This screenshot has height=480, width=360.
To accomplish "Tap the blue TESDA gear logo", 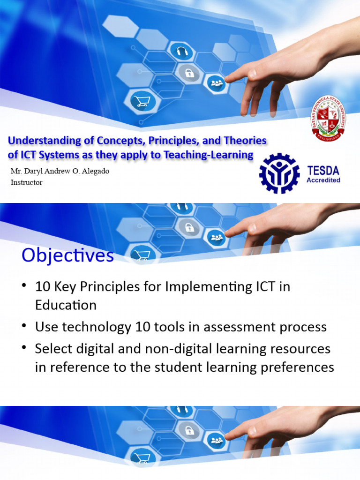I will [279, 173].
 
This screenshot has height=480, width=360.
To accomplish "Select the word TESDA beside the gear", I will [323, 170].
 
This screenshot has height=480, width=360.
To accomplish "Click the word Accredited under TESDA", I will [323, 180].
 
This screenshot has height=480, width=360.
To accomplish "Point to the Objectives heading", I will [67, 256].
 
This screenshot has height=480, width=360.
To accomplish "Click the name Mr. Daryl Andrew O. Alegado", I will [60, 171].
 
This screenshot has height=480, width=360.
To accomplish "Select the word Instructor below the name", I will [26, 182].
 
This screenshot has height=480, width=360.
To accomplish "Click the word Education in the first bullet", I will [66, 305].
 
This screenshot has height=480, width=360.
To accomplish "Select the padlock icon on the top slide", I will [190, 73].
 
